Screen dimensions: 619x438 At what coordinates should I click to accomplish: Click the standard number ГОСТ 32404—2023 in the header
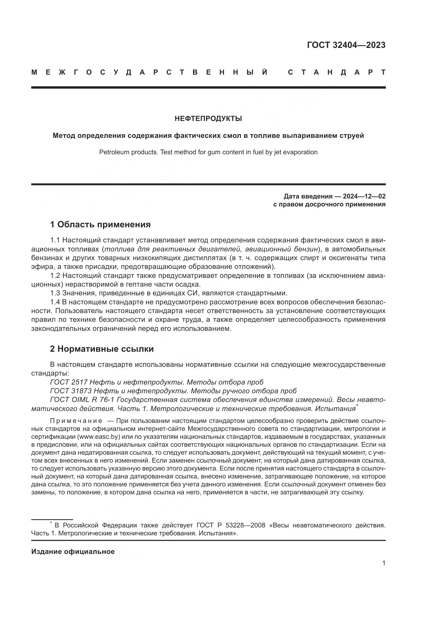coord(346,45)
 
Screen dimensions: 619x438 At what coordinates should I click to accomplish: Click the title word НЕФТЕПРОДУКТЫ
coord(208,118)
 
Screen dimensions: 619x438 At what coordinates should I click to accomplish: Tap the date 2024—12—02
coord(364,196)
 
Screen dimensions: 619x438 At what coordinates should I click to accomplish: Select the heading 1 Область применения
coord(100,224)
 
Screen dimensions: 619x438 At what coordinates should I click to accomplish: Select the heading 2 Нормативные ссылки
coord(102,349)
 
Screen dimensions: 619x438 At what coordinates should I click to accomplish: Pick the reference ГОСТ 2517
coord(69,382)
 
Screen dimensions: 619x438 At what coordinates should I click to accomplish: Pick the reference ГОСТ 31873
coord(71,391)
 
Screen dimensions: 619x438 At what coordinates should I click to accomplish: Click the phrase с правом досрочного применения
coord(329,204)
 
